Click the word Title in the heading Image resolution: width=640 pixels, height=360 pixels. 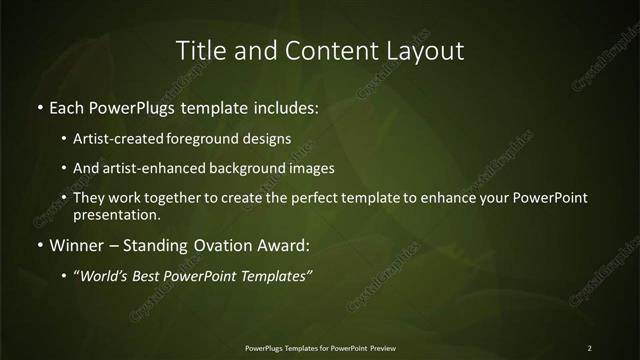198,50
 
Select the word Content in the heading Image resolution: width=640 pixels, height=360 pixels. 331,50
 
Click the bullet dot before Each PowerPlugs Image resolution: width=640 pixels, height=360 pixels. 40,107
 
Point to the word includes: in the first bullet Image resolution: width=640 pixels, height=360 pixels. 285,107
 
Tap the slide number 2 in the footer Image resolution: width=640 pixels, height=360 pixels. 590,348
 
